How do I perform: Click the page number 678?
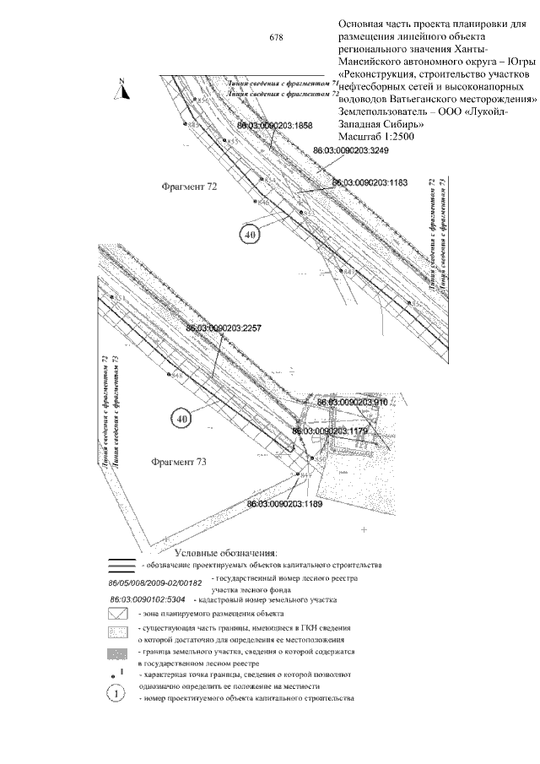[x=276, y=37]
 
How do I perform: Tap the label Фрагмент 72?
[x=189, y=187]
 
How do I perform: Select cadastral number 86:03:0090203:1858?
[x=276, y=125]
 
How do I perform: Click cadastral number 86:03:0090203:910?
[x=352, y=404]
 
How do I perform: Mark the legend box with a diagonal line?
[x=117, y=614]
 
